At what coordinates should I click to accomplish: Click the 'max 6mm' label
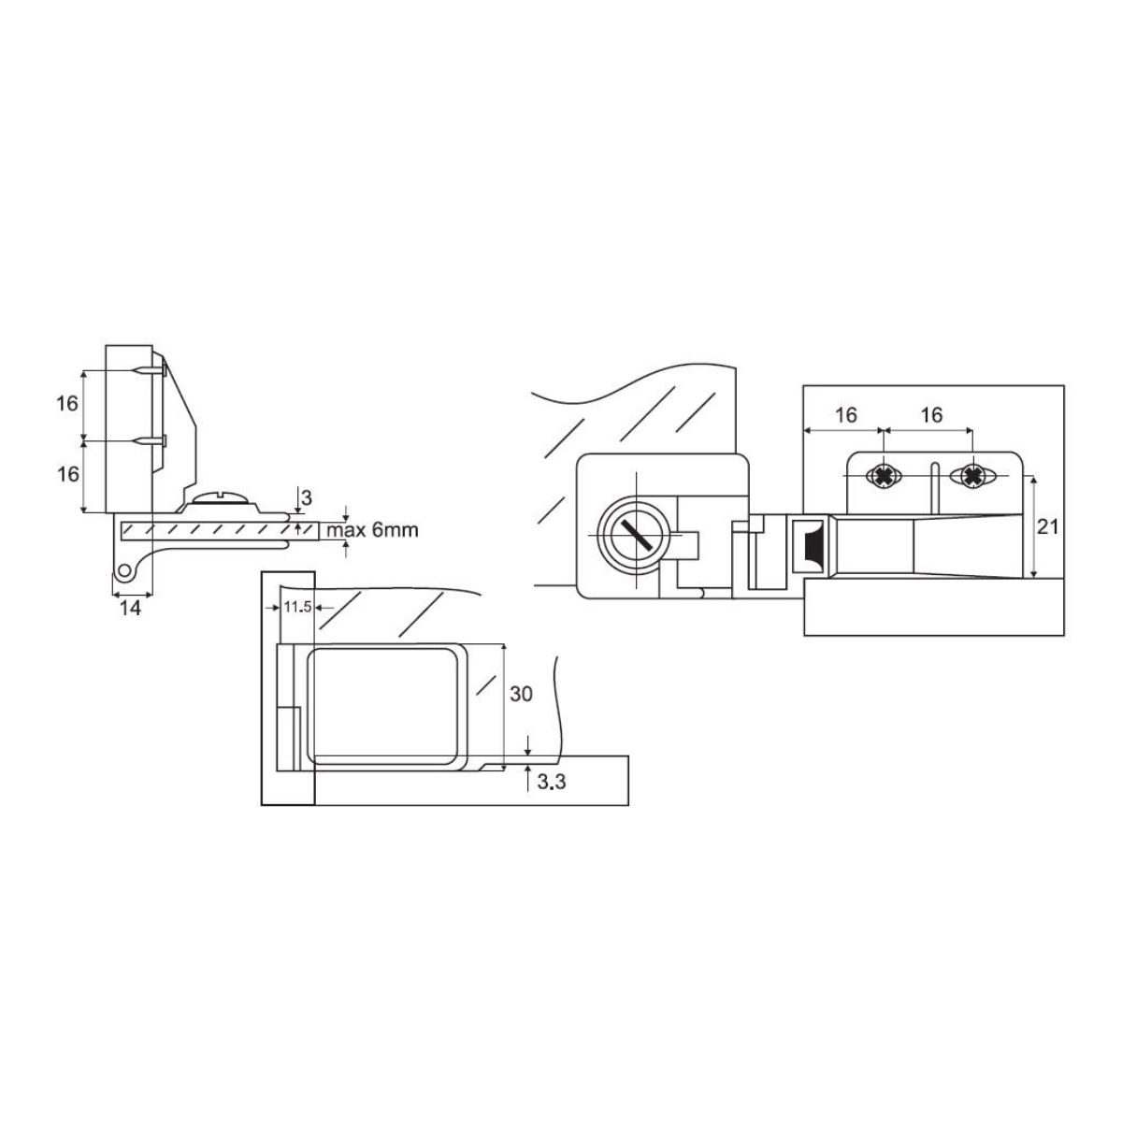tap(372, 530)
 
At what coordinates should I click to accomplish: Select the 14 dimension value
tap(130, 609)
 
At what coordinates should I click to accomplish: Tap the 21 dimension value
tap(1047, 527)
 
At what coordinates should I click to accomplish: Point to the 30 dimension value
tap(521, 694)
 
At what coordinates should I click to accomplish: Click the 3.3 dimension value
tap(552, 782)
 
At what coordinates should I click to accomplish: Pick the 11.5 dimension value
tap(297, 608)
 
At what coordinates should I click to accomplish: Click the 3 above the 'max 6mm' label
tap(307, 497)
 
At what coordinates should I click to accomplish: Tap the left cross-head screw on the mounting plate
tap(884, 477)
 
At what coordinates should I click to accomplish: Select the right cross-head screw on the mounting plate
tap(971, 476)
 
